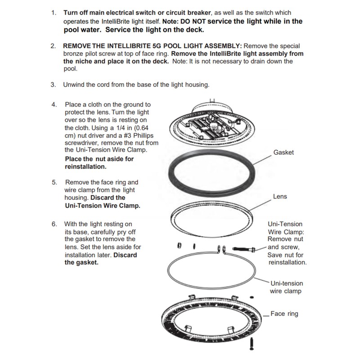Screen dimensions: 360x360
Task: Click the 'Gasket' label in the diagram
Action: pos(283,152)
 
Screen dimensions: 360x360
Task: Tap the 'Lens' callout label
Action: pos(280,196)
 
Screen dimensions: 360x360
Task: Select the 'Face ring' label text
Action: pos(284,314)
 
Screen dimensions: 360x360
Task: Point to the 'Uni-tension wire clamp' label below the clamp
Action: pos(286,287)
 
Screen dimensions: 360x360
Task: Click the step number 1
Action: pos(54,13)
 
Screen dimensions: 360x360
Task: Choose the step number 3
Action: pos(53,85)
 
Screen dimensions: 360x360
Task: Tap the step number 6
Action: pos(54,224)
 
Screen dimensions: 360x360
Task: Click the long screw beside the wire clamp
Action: pos(244,249)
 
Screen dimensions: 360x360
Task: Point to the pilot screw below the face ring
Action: pos(252,344)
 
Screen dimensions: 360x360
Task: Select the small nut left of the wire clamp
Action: pos(180,245)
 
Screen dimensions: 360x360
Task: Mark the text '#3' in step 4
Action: pos(128,135)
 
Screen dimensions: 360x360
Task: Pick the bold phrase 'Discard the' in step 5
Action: pos(108,198)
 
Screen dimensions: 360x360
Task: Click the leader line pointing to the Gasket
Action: pos(262,160)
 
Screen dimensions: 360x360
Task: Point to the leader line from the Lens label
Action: pos(260,205)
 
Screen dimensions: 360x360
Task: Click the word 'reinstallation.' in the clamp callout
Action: pos(288,262)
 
